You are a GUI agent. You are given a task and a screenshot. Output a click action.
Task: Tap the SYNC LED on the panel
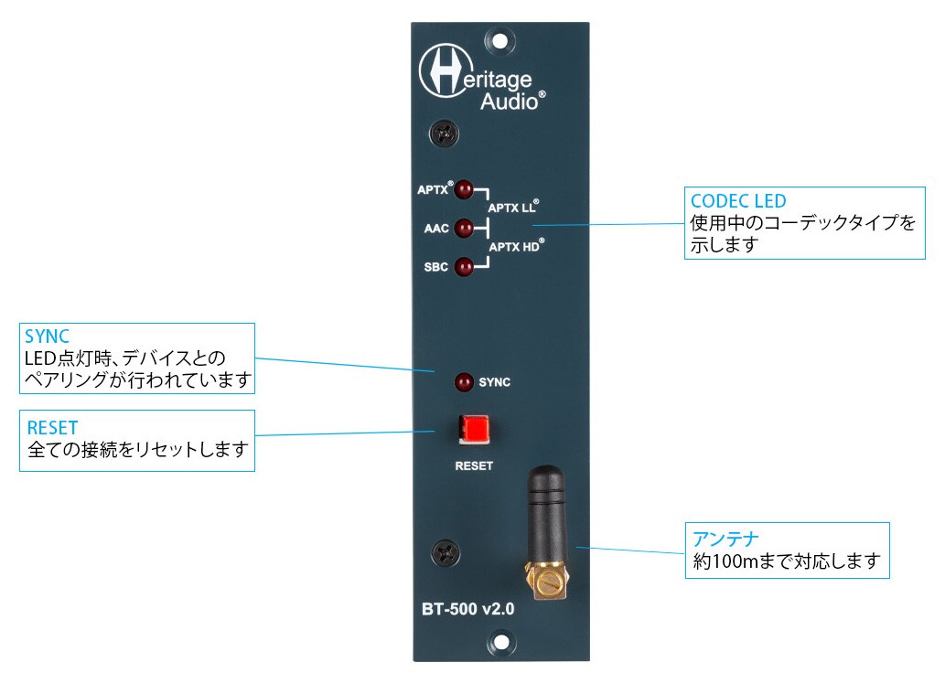pyautogui.click(x=463, y=381)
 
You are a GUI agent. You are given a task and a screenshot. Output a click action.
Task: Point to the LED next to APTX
pyautogui.click(x=464, y=190)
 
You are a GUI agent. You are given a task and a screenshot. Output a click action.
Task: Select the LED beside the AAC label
pyautogui.click(x=464, y=228)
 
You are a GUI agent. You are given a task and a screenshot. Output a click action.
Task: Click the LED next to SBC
pyautogui.click(x=464, y=268)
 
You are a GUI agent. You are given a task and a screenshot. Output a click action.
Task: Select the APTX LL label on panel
pyautogui.click(x=513, y=208)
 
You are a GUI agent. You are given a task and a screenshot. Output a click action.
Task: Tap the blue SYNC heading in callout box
pyautogui.click(x=48, y=337)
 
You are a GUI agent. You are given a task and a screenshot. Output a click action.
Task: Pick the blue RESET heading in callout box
pyautogui.click(x=52, y=427)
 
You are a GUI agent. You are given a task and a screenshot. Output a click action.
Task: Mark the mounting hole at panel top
pyautogui.click(x=498, y=40)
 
